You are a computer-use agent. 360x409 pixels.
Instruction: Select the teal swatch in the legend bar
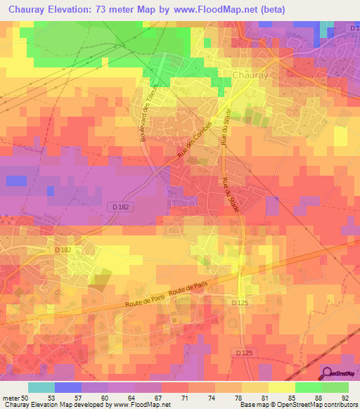coord(41,387)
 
